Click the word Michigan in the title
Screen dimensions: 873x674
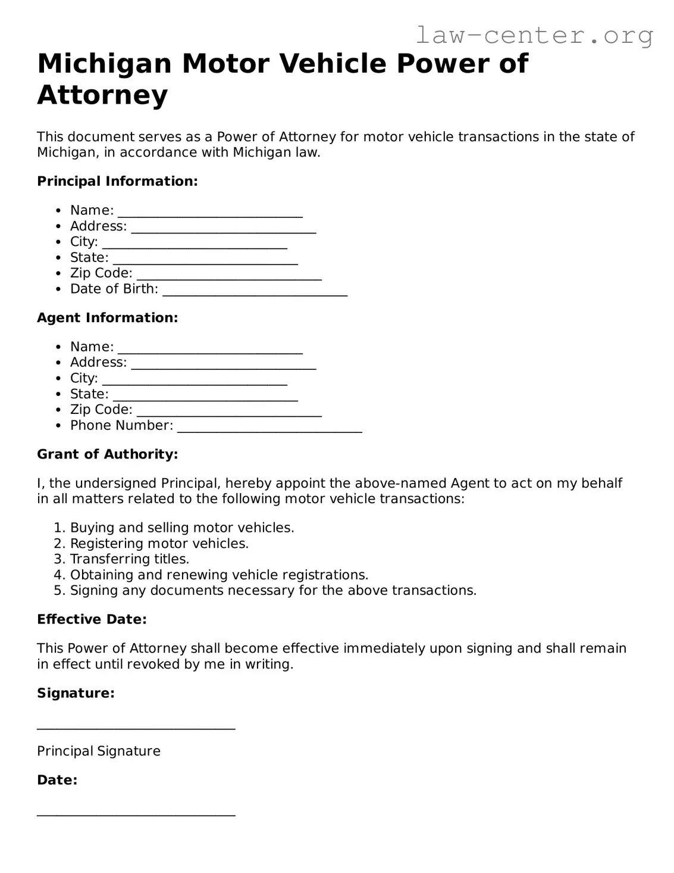point(104,63)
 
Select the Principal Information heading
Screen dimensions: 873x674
point(117,181)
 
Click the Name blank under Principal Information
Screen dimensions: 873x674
point(210,212)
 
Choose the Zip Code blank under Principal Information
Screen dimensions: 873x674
point(229,275)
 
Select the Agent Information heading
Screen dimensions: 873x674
point(108,317)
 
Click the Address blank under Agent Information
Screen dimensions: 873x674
point(223,364)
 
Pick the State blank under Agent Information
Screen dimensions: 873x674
point(205,395)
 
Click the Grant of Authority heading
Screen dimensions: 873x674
point(108,454)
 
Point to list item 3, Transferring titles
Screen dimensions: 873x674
point(129,559)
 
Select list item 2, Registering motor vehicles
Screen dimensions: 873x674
point(159,543)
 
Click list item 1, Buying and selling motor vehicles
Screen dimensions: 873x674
point(181,528)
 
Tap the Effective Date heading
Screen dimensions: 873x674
point(92,619)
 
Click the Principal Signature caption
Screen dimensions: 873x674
point(99,751)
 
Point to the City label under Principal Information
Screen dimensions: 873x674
point(84,242)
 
